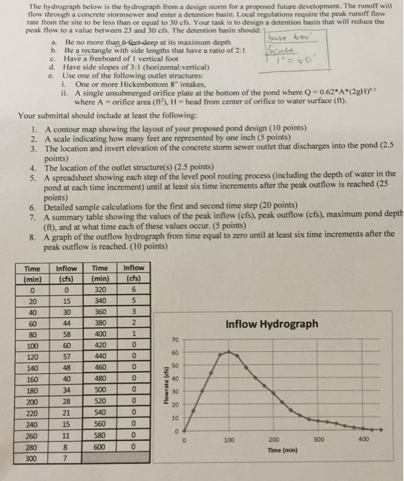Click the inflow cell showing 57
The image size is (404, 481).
(67, 358)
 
